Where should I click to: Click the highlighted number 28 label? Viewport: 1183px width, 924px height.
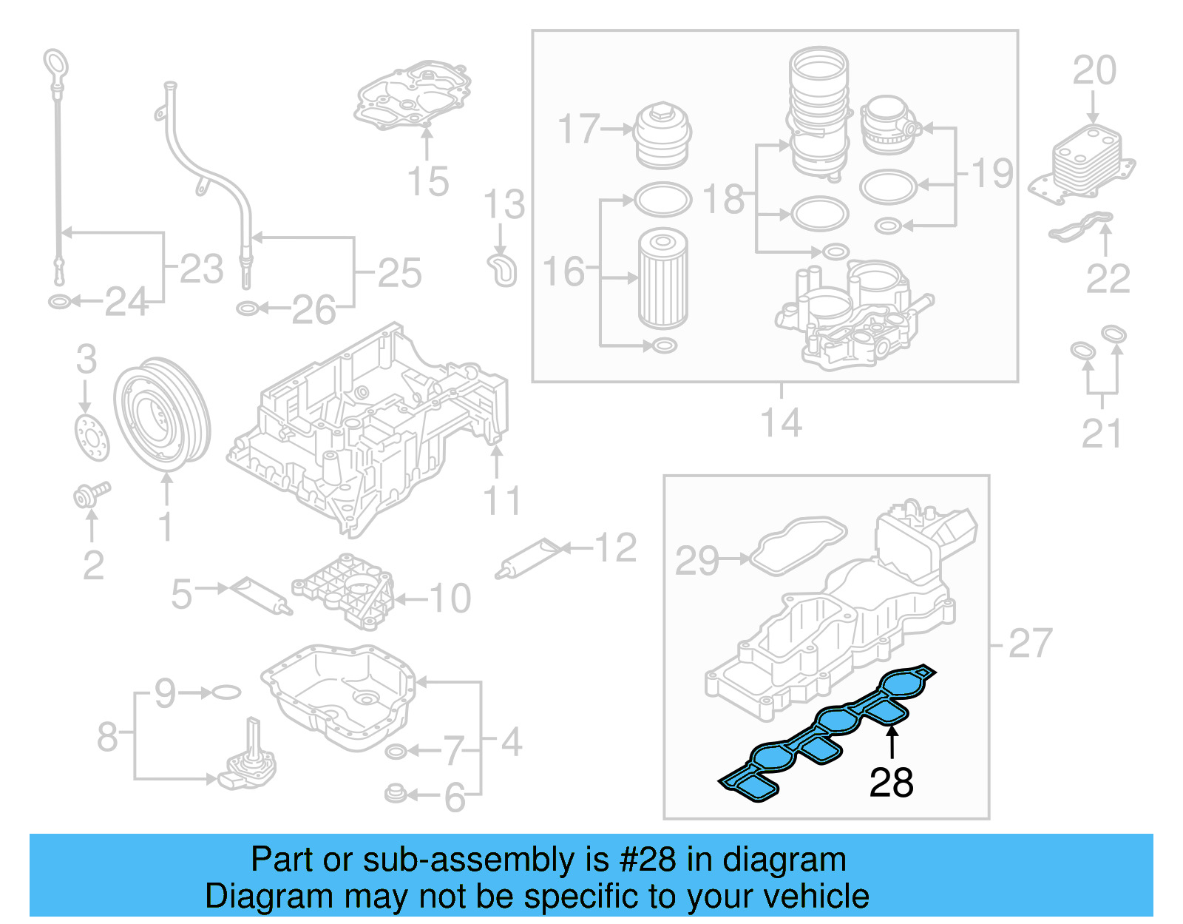891,783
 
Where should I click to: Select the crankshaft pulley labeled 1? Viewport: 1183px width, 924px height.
162,414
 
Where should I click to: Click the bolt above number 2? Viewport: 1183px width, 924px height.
91,494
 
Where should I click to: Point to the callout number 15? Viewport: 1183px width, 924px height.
428,181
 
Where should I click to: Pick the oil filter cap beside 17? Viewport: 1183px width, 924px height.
662,136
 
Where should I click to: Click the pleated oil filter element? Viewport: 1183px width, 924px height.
662,279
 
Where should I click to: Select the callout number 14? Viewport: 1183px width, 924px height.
781,423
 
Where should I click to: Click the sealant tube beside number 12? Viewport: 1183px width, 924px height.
531,559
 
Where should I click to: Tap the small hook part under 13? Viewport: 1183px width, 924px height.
503,270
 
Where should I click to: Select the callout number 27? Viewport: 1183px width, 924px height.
1030,643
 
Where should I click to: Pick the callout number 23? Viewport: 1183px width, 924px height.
201,269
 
